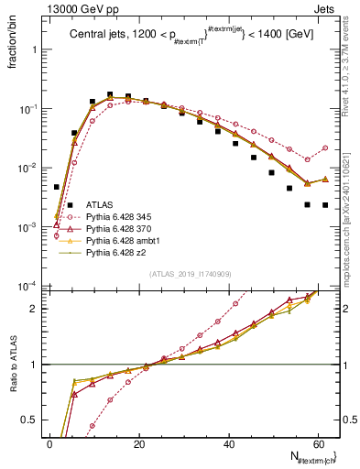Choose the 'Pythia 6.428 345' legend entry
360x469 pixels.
pos(123,217)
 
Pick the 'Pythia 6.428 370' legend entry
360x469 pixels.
pos(123,229)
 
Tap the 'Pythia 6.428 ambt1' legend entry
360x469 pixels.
pos(125,241)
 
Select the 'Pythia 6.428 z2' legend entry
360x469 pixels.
pos(119,253)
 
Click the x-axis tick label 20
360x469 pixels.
pos(139,443)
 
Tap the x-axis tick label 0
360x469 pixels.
pos(50,443)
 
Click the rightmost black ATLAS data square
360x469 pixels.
pos(325,205)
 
